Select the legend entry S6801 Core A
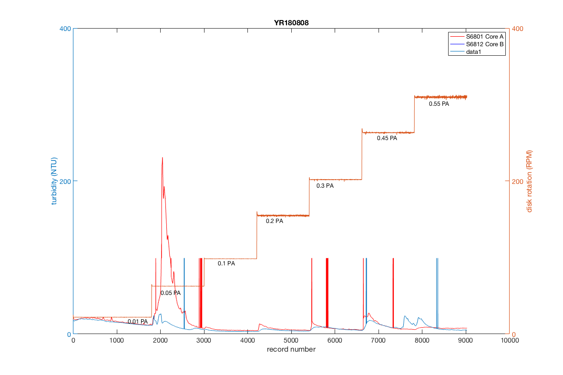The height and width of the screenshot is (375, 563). click(x=484, y=36)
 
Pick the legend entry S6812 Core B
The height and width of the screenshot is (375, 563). click(x=484, y=44)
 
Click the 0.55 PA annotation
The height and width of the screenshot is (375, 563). click(x=439, y=104)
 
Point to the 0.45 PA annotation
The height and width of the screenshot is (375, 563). click(x=387, y=138)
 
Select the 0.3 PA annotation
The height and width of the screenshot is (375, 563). click(x=325, y=186)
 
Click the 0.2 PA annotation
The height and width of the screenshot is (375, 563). click(x=274, y=221)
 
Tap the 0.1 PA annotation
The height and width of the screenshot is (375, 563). click(x=226, y=264)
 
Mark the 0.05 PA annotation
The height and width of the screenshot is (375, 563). click(x=170, y=293)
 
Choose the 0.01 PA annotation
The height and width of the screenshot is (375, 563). click(x=137, y=322)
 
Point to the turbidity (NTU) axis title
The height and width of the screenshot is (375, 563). click(x=54, y=181)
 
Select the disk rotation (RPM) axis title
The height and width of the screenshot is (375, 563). click(x=529, y=181)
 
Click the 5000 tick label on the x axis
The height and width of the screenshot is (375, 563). click(x=291, y=341)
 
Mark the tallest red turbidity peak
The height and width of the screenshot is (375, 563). click(x=162, y=158)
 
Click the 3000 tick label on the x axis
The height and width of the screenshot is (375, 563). click(x=204, y=341)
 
